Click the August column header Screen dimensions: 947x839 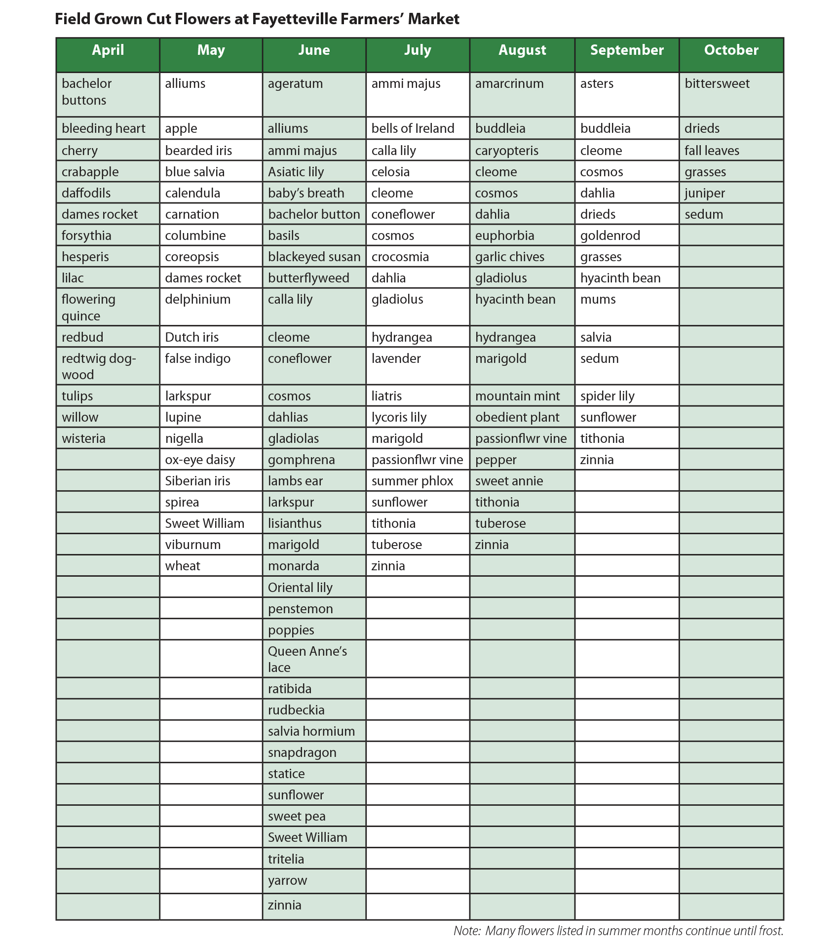(522, 50)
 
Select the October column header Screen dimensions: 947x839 (731, 50)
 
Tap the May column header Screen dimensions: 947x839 (211, 50)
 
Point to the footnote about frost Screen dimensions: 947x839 (618, 931)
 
